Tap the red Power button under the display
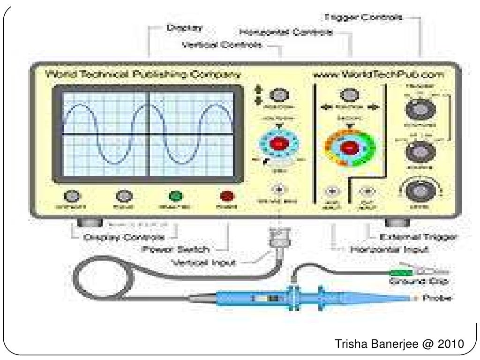(227, 195)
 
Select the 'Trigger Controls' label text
(363, 18)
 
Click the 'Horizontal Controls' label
(286, 33)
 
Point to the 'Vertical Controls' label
(222, 45)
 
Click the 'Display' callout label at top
(185, 28)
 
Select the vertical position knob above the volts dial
(278, 95)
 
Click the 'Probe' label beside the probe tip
(437, 298)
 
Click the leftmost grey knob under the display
(72, 195)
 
